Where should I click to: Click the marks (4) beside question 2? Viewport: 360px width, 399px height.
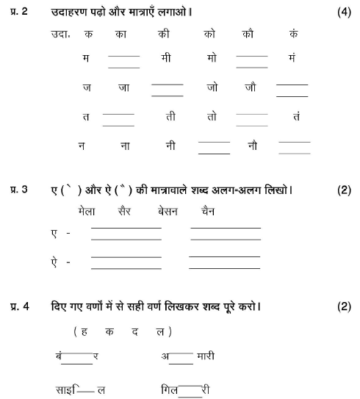point(343,13)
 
